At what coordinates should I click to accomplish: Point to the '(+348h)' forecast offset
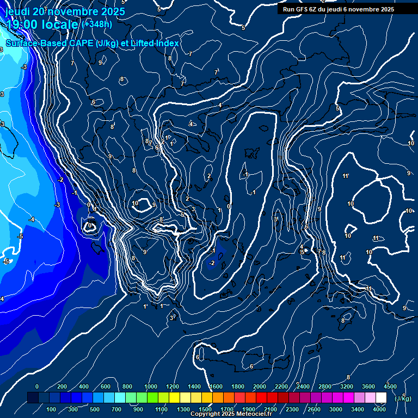(x=97, y=24)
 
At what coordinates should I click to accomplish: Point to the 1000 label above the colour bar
(x=150, y=386)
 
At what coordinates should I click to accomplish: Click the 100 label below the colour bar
(x=51, y=409)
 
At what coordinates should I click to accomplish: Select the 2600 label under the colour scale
(x=315, y=409)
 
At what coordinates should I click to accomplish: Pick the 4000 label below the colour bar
(x=379, y=409)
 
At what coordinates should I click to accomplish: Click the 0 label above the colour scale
(x=37, y=386)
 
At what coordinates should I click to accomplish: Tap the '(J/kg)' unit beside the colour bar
(x=403, y=398)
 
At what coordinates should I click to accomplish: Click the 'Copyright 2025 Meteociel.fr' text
(x=231, y=414)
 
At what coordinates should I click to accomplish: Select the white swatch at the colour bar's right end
(x=381, y=398)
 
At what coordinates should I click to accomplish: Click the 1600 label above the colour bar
(x=216, y=386)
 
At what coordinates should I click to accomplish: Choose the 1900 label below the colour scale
(x=249, y=409)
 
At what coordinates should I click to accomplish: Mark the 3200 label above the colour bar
(x=346, y=386)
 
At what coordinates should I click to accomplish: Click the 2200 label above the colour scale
(x=281, y=386)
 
